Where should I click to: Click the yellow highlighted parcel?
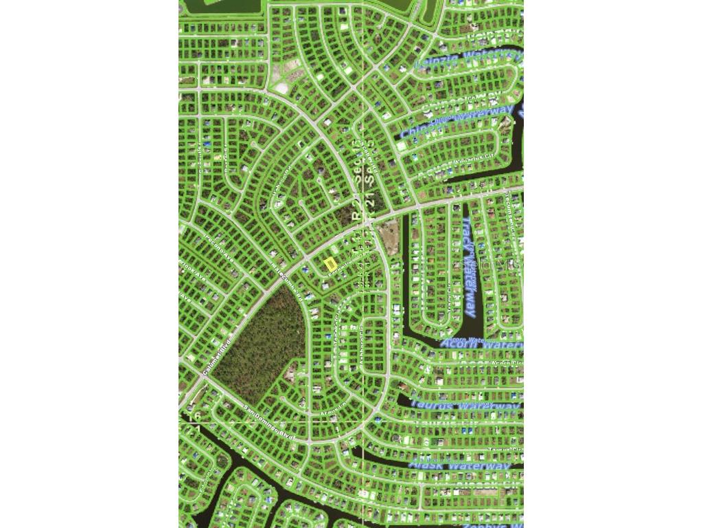(330, 264)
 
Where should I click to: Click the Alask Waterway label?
(461, 465)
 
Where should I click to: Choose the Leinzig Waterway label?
(467, 60)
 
